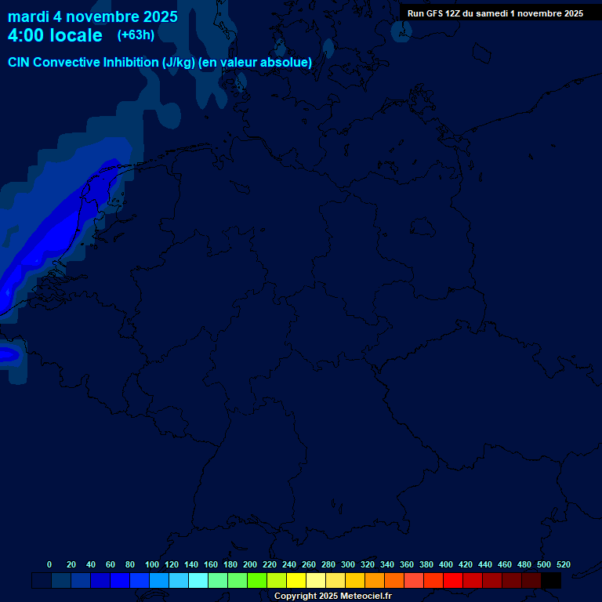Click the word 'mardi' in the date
coord(28,16)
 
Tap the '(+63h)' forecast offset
coord(136,34)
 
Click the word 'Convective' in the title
coord(67,63)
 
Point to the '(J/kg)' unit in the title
coord(179,63)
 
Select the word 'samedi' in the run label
coord(491,13)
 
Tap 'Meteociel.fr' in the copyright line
coord(361,597)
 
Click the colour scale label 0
coord(49,564)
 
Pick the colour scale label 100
coord(152,564)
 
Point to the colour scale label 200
coord(250,564)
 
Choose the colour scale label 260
coord(309,564)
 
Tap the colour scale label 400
coord(446,564)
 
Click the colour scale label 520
coord(564,564)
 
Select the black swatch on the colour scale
coord(551,581)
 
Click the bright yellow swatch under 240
coord(296,581)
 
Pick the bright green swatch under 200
coord(257,581)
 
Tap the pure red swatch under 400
coord(453,581)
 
